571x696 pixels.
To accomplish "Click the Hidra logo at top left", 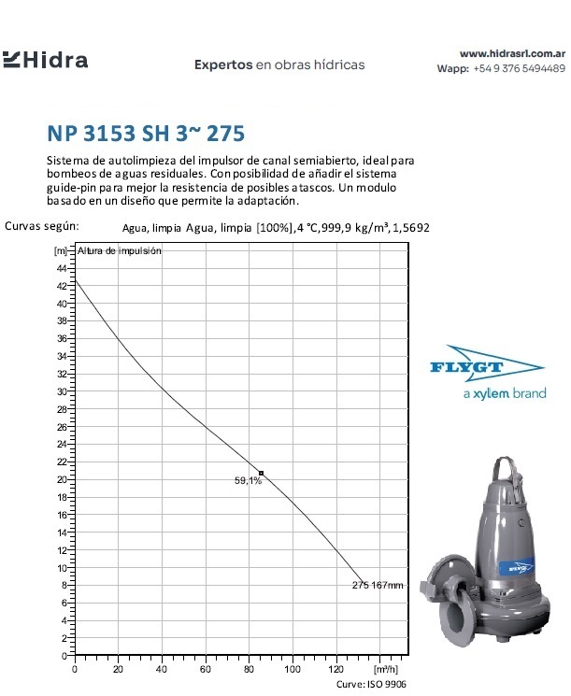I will [47, 62].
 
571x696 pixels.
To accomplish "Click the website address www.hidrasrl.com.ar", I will [512, 54].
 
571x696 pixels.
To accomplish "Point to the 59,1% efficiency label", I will [248, 481].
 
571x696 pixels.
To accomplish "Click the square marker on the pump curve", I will [261, 473].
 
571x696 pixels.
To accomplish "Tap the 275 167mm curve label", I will [378, 586].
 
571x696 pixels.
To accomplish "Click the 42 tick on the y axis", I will [62, 286].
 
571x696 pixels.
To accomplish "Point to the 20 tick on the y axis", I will [62, 479].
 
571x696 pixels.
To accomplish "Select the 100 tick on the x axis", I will [293, 670].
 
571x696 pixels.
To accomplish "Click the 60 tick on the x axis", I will [206, 670].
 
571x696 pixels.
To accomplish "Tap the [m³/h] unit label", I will [385, 670].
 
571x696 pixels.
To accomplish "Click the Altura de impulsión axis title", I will [121, 251].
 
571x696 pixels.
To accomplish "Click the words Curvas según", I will [41, 226].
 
